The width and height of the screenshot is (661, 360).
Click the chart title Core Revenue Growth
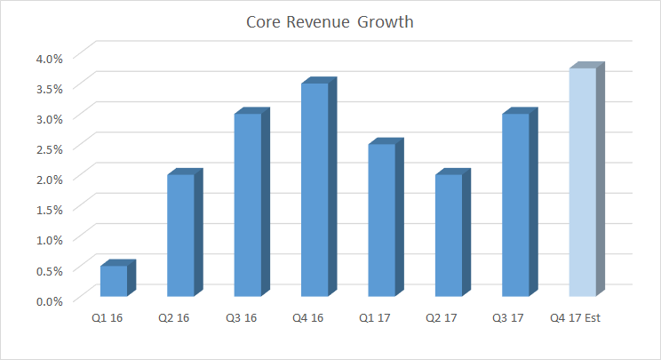point(330,22)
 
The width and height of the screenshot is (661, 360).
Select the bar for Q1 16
point(114,281)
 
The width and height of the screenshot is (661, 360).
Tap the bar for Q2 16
point(180,236)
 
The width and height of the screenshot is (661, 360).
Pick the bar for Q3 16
point(248,205)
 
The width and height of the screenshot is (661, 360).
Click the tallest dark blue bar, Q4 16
point(315,189)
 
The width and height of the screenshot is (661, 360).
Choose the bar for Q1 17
point(381,220)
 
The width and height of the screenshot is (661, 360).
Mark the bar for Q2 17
point(449,236)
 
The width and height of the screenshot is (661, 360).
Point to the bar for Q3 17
point(515,205)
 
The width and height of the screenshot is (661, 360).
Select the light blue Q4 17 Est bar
point(582,182)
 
